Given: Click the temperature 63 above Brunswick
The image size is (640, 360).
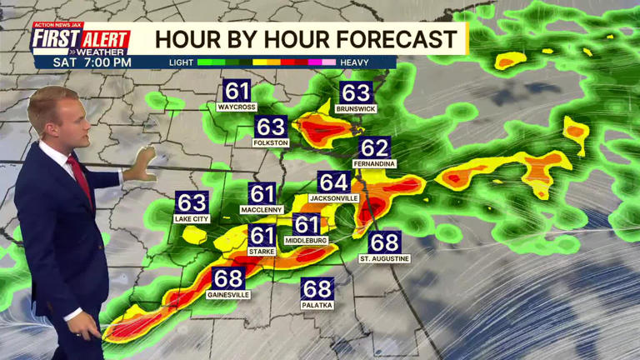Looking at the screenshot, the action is coord(355,92).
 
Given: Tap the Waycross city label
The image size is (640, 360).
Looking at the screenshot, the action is coord(236,107).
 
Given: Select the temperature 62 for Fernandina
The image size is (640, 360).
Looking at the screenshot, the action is coord(374,148).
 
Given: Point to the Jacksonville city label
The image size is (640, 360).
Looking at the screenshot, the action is coord(333,198).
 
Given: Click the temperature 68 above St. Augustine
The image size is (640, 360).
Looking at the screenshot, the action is coord(384,242).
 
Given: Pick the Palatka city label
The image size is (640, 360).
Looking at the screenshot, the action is coord(317,306).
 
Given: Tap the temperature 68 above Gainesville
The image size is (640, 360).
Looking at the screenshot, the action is coord(228,278).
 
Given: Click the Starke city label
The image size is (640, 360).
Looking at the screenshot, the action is coord(262,252).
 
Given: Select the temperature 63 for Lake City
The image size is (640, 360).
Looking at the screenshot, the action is coord(192,202).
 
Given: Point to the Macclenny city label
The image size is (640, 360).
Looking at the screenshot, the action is coord(262,209).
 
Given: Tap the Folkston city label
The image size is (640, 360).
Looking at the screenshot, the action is coord(271,142).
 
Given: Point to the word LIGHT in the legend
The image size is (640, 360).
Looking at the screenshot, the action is coord(181,62).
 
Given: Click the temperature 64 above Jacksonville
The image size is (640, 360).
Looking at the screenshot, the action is coord(333,182).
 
